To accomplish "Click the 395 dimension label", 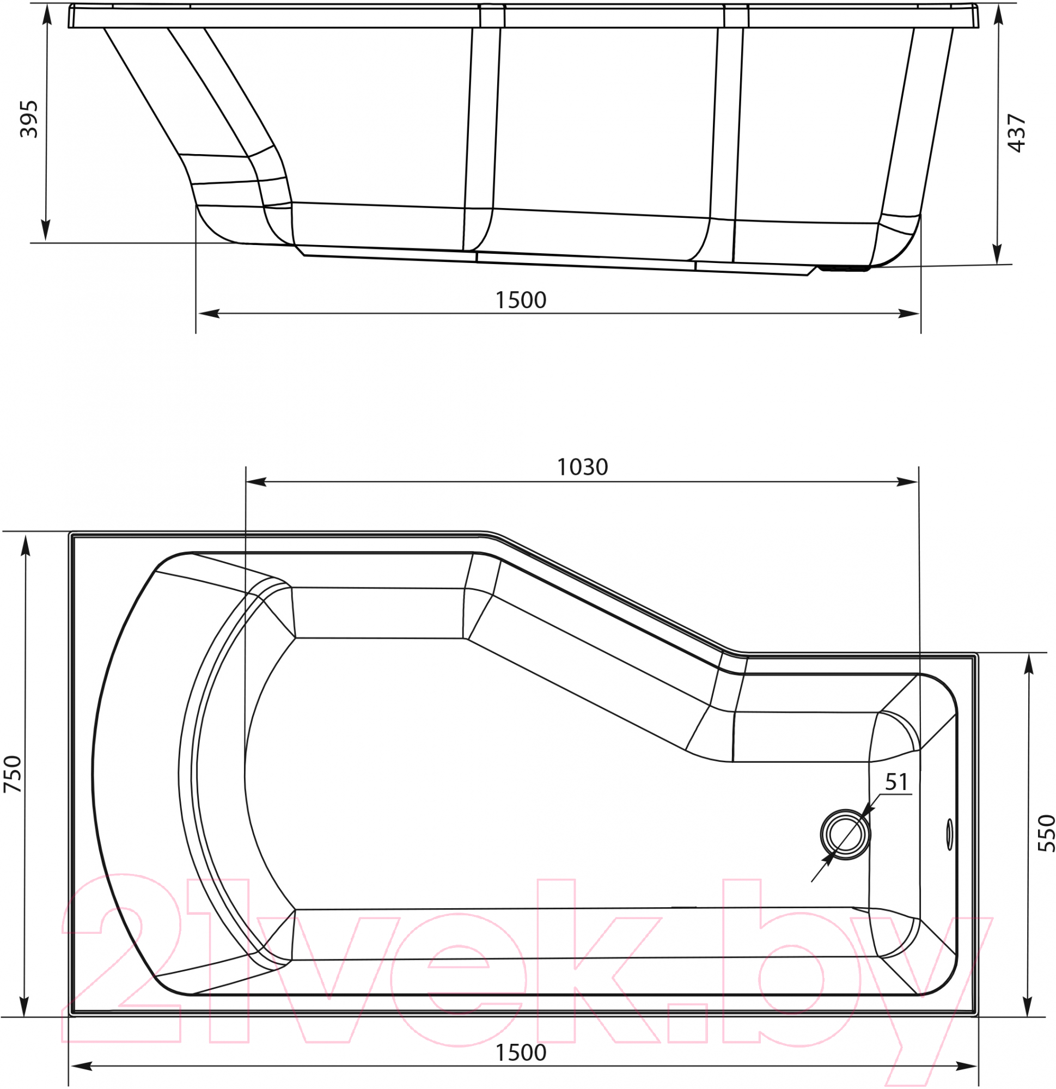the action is [x=28, y=119].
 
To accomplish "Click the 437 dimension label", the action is [x=1017, y=133].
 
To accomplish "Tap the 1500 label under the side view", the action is [x=521, y=300].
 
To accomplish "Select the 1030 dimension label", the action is [x=583, y=467].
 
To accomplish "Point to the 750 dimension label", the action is [x=12, y=774].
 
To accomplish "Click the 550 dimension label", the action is [x=1046, y=833].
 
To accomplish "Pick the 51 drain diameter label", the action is [x=896, y=782].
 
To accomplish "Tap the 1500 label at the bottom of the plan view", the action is [x=521, y=1053].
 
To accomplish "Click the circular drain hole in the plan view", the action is [x=845, y=835].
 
